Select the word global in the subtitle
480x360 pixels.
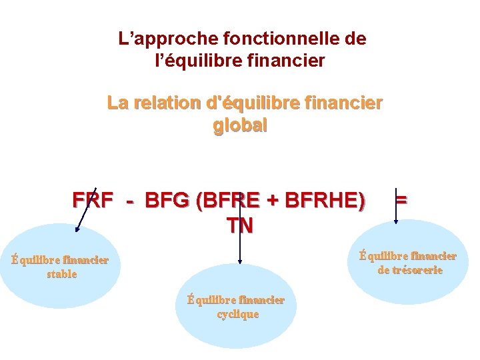240,125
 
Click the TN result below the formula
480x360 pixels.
240,226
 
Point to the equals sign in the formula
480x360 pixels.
401,200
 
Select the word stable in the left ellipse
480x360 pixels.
62,274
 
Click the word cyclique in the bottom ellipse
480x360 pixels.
238,314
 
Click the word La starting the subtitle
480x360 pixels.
117,104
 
